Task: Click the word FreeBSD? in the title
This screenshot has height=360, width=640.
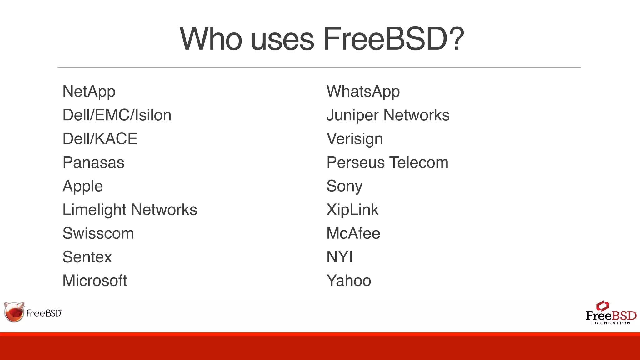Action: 393,39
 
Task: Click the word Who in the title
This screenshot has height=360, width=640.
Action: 211,39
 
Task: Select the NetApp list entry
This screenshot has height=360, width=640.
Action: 89,92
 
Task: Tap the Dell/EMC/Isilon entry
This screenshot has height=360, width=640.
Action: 117,115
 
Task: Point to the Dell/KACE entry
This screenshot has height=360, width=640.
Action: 100,139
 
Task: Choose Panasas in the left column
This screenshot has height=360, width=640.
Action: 93,162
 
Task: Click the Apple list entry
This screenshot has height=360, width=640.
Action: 83,186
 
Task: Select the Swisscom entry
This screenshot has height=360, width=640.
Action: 98,233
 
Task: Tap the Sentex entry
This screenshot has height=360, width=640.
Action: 87,257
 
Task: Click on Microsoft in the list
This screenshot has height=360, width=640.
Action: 95,281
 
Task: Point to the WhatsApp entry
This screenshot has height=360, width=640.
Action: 363,92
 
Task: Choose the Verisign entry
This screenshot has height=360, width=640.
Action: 355,139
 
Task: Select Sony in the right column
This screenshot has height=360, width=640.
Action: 344,186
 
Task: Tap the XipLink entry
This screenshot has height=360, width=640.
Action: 352,210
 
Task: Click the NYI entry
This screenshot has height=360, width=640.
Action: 339,257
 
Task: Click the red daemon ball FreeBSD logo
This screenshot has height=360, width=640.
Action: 14,312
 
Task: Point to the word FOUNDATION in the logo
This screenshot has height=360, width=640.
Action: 611,323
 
